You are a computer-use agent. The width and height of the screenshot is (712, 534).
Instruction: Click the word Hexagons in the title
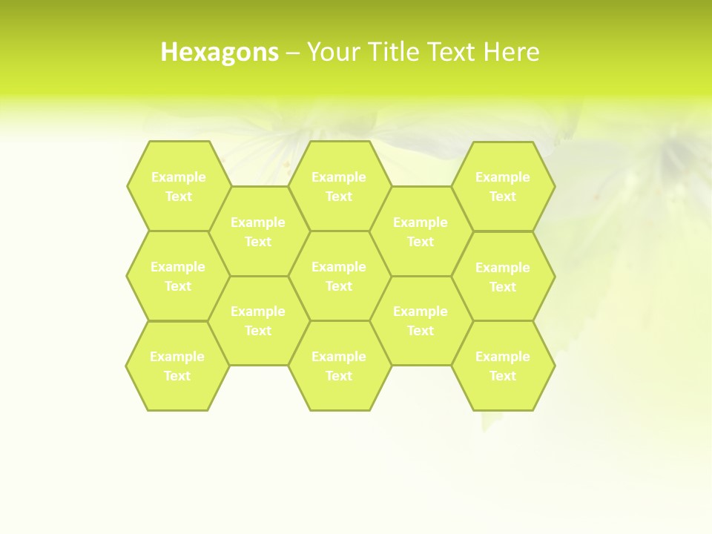click(220, 52)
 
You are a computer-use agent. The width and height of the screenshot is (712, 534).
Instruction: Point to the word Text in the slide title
click(452, 52)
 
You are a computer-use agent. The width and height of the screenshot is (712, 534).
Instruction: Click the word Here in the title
click(511, 52)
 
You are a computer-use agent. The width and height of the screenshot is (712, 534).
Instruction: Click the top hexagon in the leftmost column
click(178, 186)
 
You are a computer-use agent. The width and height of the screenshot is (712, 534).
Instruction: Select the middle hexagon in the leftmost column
click(178, 276)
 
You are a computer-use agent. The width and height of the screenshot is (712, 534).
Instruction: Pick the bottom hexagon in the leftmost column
click(177, 366)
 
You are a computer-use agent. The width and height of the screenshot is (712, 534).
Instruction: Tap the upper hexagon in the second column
click(258, 231)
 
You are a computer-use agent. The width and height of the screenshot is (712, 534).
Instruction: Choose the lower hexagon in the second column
click(258, 320)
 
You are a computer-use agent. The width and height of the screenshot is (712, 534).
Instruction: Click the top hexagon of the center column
click(339, 186)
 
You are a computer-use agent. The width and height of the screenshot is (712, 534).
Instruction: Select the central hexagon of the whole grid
click(339, 276)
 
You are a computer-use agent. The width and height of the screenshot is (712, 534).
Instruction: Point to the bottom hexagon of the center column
click(339, 366)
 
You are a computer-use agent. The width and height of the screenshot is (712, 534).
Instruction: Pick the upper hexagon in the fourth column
click(421, 231)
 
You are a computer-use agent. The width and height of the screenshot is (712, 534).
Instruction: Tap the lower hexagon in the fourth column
click(421, 320)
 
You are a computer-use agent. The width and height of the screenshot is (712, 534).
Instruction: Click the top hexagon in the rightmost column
click(503, 186)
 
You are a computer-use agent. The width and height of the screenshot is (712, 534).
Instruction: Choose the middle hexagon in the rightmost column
click(503, 277)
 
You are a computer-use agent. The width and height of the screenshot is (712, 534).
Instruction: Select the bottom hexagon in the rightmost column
click(503, 366)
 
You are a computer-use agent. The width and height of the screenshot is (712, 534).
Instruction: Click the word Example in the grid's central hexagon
click(339, 267)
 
